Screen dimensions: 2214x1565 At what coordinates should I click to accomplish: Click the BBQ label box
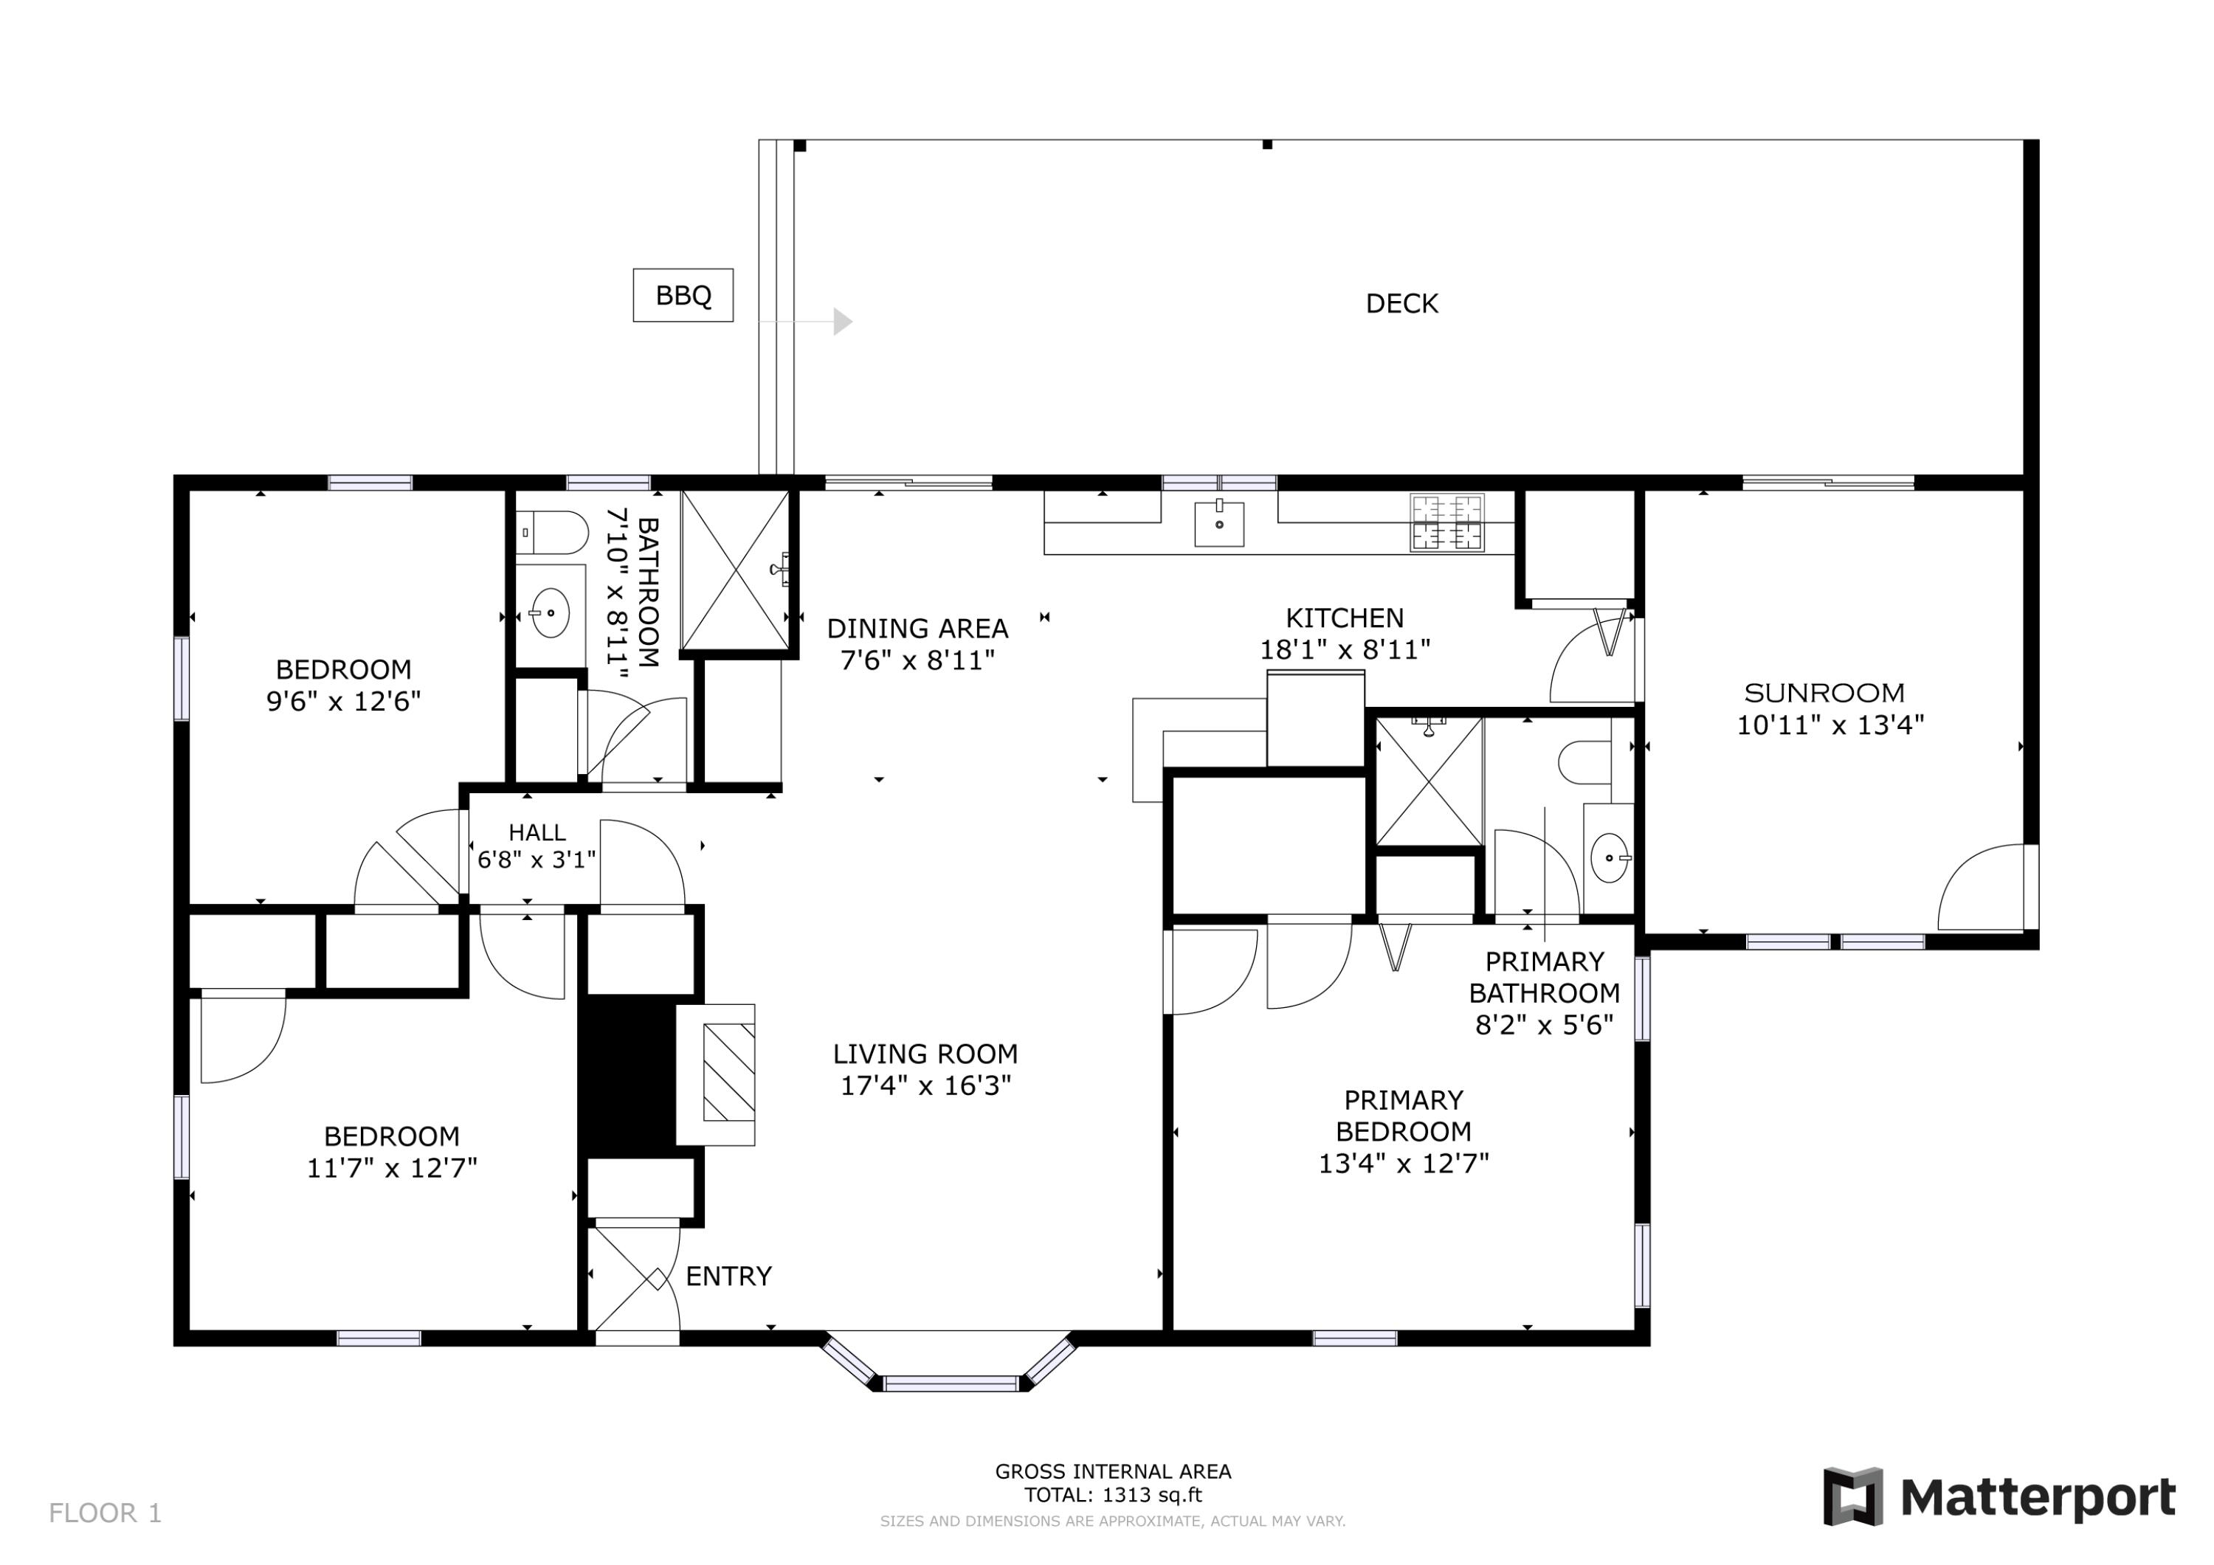[x=683, y=295]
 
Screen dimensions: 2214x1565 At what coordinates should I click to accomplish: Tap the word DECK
[x=1401, y=304]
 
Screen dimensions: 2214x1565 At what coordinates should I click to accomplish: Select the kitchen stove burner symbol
[x=1446, y=522]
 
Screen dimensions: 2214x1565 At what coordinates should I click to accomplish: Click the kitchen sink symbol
[x=1219, y=522]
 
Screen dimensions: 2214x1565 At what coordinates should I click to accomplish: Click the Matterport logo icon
[x=1852, y=1496]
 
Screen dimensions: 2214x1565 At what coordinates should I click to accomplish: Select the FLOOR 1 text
[x=105, y=1513]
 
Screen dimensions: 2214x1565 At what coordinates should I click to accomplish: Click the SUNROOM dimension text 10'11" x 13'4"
[x=1830, y=725]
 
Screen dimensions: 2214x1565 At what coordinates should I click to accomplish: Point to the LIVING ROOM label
[x=925, y=1054]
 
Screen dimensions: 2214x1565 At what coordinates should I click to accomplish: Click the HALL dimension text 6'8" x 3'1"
[x=537, y=858]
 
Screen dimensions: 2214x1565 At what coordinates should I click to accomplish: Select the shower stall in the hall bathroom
[x=736, y=570]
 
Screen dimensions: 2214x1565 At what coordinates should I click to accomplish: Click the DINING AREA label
[x=917, y=629]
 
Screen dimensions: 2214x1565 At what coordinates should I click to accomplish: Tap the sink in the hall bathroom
[x=551, y=612]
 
